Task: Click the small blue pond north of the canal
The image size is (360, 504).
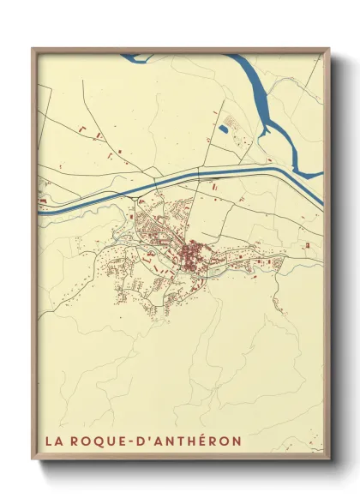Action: [x=223, y=129]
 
